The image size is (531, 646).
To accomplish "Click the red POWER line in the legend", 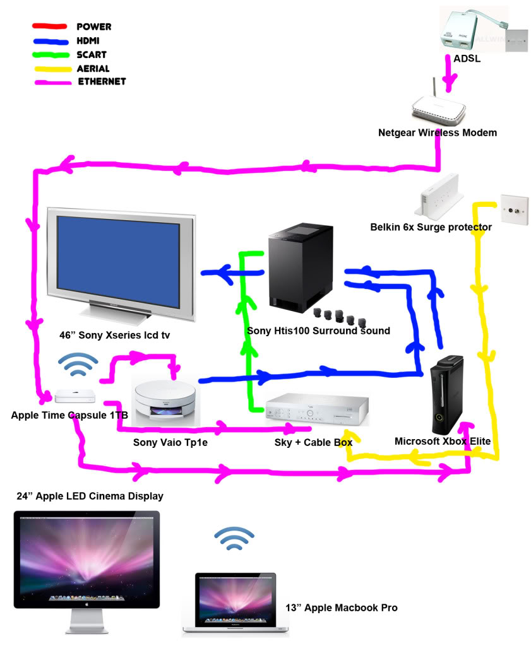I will (50, 27).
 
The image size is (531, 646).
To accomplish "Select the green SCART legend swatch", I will (50, 55).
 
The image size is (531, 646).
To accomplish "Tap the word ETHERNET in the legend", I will (102, 81).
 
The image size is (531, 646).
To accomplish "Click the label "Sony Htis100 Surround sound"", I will (318, 331).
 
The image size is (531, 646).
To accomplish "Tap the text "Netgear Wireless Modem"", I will (437, 133).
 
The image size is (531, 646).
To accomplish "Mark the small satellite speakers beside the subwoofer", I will (335, 314).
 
